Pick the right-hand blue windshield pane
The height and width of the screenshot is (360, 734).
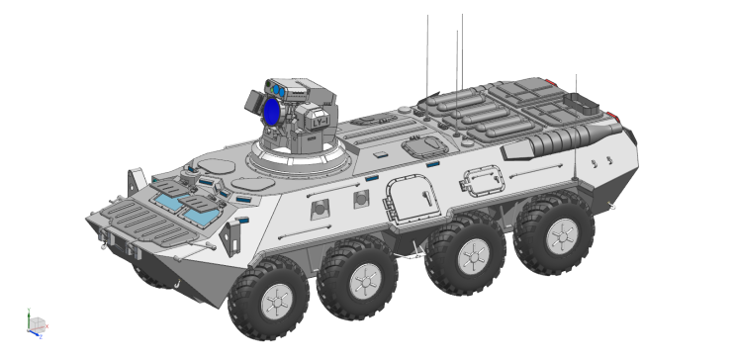201,211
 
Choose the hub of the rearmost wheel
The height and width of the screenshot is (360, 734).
560,234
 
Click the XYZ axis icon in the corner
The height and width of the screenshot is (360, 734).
36,324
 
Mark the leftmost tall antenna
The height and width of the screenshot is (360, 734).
427,54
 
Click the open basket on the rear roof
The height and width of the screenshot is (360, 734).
580,102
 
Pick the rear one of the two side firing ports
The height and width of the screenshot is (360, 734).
362,199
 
